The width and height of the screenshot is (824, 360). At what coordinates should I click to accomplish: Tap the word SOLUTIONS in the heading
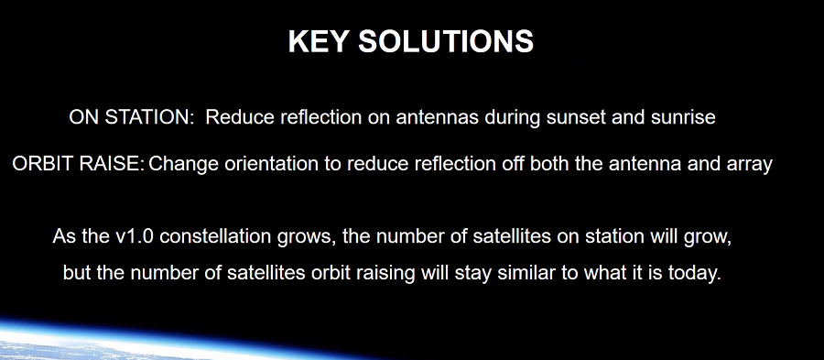click(446, 41)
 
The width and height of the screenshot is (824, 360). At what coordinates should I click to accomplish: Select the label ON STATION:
click(132, 117)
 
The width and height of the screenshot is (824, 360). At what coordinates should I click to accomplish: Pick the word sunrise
click(683, 117)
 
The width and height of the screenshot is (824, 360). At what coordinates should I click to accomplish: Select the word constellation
click(216, 236)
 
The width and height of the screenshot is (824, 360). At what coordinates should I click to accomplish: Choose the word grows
click(307, 237)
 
